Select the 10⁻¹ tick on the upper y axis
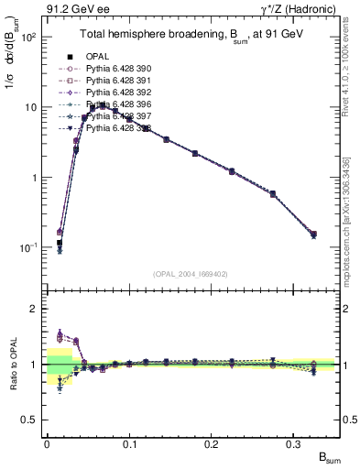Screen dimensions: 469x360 click(30, 248)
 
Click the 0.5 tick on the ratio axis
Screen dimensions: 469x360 click(31, 420)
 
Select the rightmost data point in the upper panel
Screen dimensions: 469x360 click(313, 234)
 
